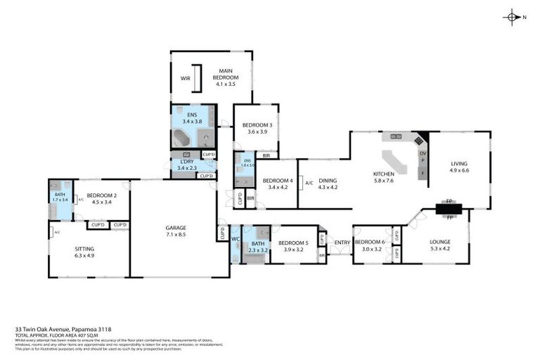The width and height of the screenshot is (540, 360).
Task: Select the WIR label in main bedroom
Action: [186, 78]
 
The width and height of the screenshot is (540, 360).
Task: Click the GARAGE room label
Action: [176, 228]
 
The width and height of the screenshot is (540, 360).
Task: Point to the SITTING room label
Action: [84, 249]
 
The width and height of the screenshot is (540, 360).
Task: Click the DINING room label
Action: [328, 181]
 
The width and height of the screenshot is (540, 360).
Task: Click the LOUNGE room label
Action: [440, 243]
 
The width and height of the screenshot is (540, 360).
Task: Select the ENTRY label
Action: [342, 243]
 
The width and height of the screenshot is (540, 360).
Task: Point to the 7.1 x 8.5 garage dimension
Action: [176, 234]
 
